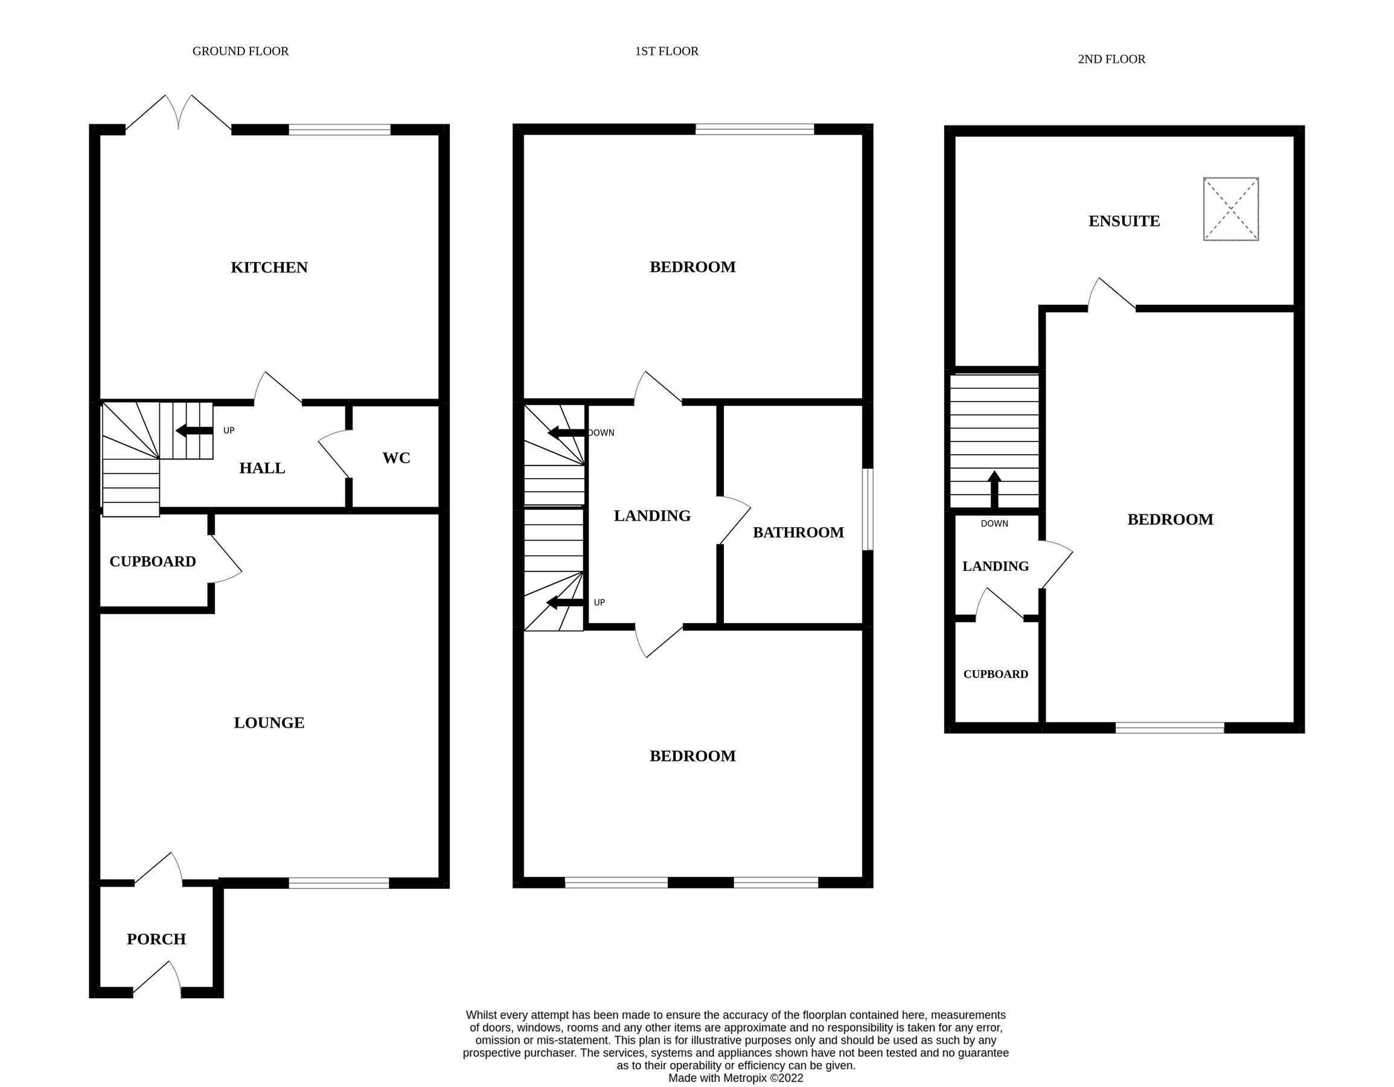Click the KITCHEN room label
click(x=269, y=268)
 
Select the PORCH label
click(x=156, y=939)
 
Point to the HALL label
click(x=261, y=468)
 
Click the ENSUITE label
click(x=1124, y=221)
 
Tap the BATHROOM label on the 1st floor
click(x=798, y=533)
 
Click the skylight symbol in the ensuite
click(x=1230, y=209)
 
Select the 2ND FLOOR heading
click(x=1111, y=59)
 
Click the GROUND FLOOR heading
click(x=240, y=51)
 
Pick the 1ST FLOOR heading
click(x=667, y=51)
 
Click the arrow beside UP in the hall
click(x=194, y=431)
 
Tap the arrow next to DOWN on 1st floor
click(x=566, y=434)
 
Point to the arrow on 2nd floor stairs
click(x=994, y=490)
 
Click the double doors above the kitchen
click(x=179, y=115)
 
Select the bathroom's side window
click(x=868, y=509)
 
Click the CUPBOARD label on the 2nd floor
click(x=995, y=674)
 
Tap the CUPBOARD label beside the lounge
click(x=153, y=561)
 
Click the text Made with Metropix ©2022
click(x=735, y=1078)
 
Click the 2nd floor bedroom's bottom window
click(x=1169, y=728)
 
